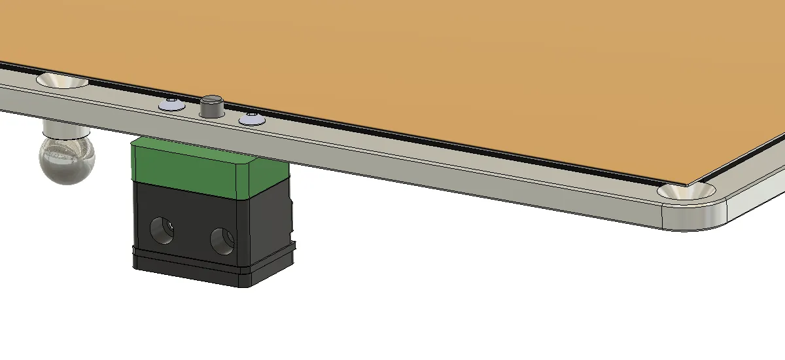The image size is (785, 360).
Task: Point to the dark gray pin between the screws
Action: pos(211,107)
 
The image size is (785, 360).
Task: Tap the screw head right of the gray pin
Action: pos(251,119)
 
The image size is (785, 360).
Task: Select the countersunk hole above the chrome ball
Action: pos(62,81)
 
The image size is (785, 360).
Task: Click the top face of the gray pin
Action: pos(212,100)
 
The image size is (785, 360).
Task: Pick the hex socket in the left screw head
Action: pos(170,102)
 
